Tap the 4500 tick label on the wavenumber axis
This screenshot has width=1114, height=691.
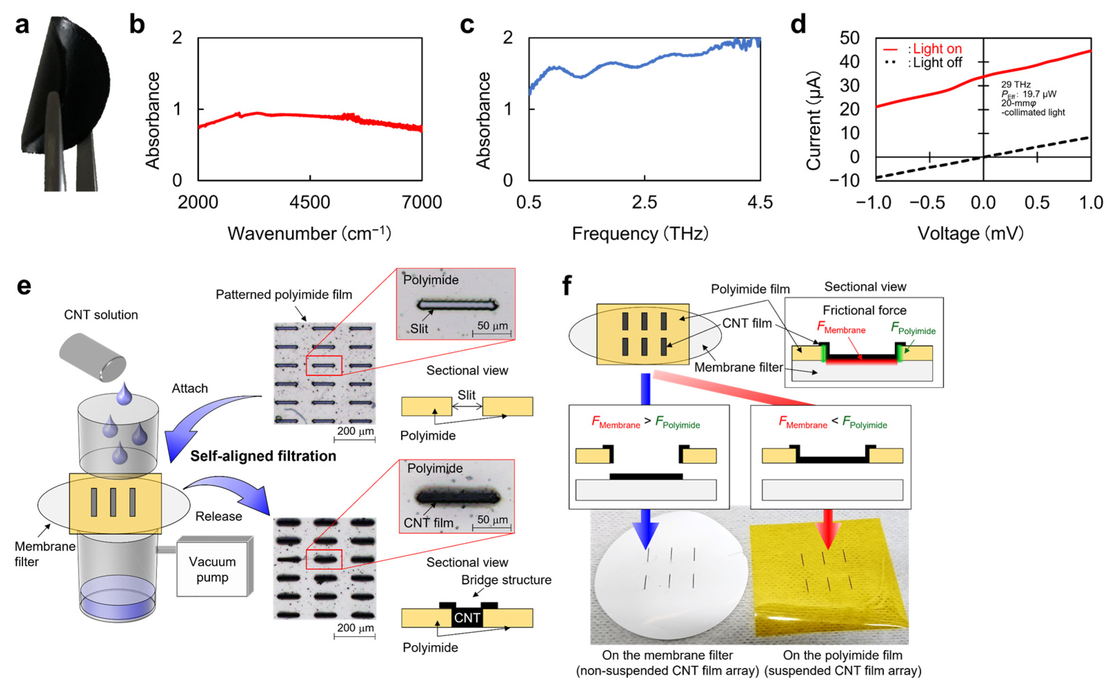point(310,202)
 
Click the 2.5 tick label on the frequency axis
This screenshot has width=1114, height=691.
point(644,202)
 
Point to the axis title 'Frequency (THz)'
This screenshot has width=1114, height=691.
point(640,234)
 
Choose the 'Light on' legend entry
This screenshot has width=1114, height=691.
point(937,49)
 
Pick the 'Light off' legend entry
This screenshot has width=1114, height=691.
point(937,63)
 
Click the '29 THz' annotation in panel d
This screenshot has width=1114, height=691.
point(1016,84)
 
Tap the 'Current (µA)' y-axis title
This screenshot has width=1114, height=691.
point(814,121)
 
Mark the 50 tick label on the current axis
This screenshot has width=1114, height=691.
point(849,38)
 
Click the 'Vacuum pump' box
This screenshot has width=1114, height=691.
point(213,569)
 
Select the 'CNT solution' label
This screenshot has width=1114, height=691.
point(101,315)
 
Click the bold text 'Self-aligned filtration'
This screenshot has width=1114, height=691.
point(263,456)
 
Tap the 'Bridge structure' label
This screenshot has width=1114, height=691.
point(506,580)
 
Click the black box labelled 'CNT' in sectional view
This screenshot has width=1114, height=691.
point(467,618)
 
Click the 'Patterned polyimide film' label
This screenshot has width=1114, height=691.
point(284,295)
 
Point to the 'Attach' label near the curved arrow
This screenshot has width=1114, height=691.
point(190,388)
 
